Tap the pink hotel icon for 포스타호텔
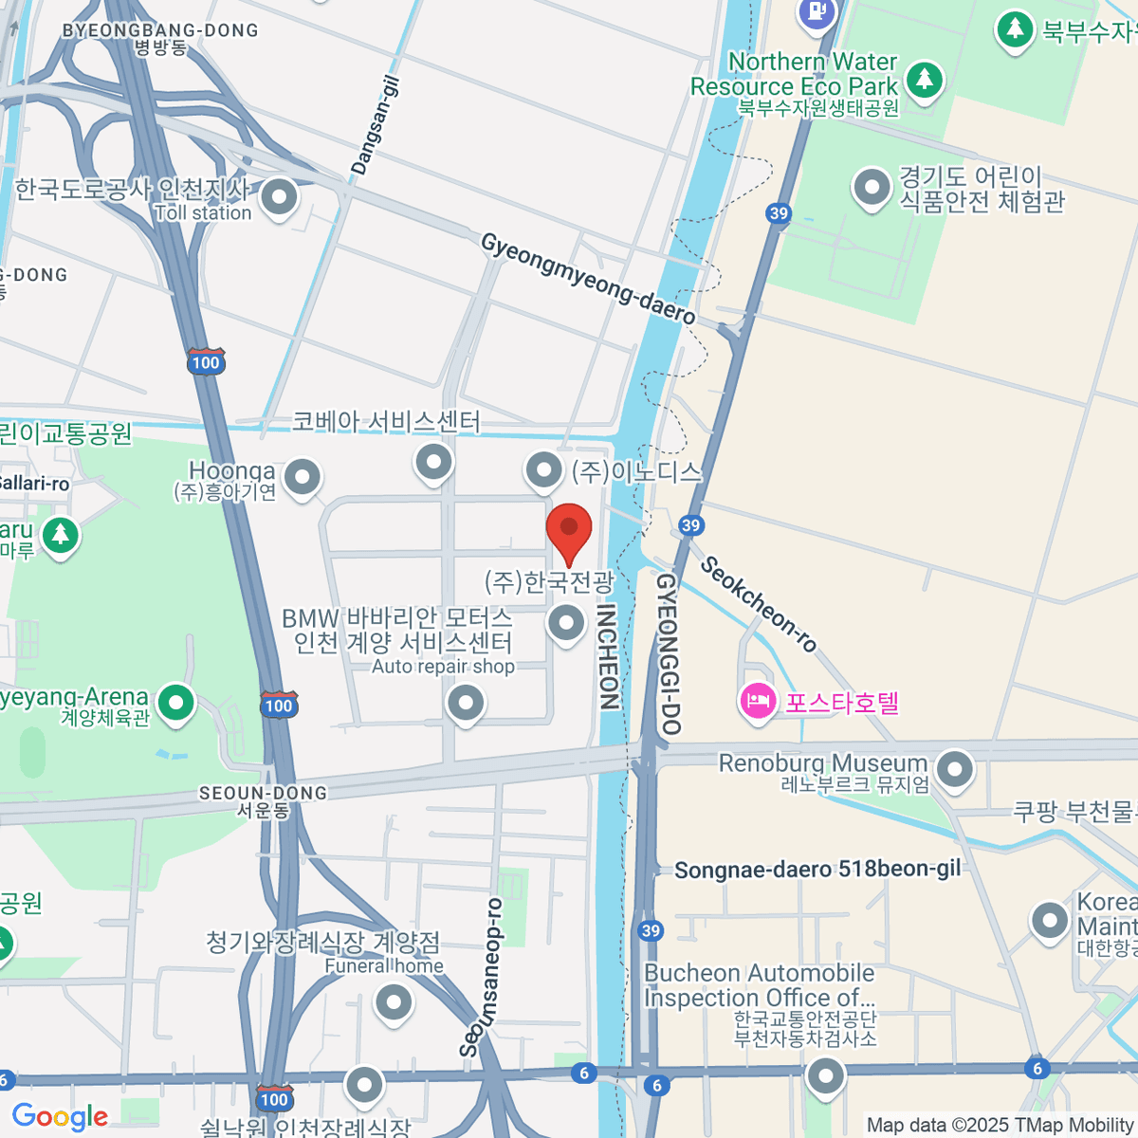pyautogui.click(x=758, y=703)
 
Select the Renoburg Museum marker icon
pyautogui.click(x=954, y=769)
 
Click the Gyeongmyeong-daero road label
pyautogui.click(x=588, y=278)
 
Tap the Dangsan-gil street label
pyautogui.click(x=376, y=125)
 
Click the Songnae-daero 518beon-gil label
pyautogui.click(x=817, y=870)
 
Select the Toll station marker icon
pyautogui.click(x=279, y=198)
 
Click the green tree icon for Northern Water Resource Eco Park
pyautogui.click(x=925, y=80)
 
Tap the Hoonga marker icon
pyautogui.click(x=303, y=477)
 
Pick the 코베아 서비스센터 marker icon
pyautogui.click(x=434, y=463)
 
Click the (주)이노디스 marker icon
pyautogui.click(x=544, y=468)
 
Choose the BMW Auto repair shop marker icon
pyautogui.click(x=466, y=704)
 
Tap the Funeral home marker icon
pyautogui.click(x=393, y=1001)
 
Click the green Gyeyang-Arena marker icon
pyautogui.click(x=175, y=703)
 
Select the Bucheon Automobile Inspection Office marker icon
pyautogui.click(x=825, y=1076)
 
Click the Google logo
pyautogui.click(x=60, y=1116)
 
